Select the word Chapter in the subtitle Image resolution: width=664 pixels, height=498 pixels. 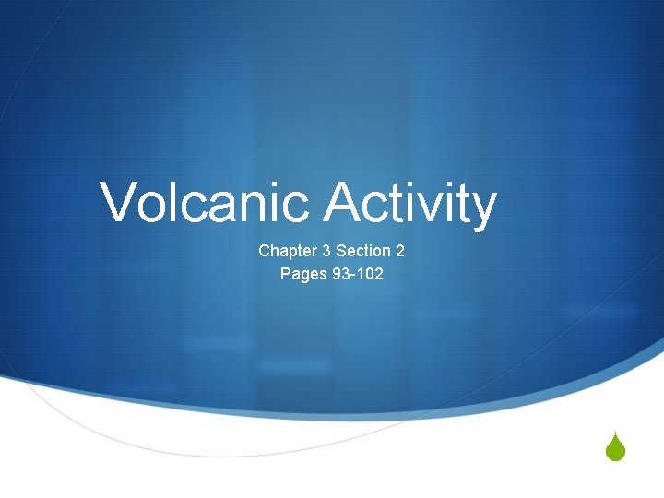click(x=286, y=251)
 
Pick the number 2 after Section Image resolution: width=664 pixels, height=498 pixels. click(x=400, y=251)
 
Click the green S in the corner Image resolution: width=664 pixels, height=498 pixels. click(x=617, y=449)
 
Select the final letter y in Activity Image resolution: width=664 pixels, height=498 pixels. click(x=482, y=208)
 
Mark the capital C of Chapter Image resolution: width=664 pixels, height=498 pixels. click(x=265, y=251)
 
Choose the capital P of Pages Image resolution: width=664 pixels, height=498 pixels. click(x=286, y=274)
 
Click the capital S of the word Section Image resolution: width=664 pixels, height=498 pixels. click(x=341, y=251)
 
